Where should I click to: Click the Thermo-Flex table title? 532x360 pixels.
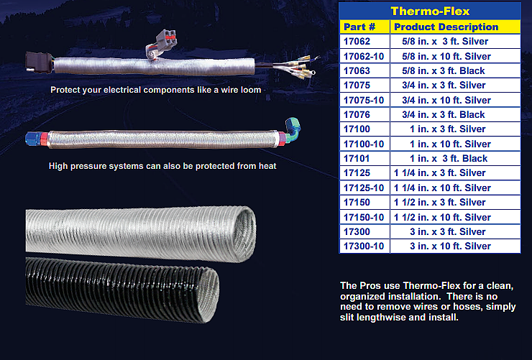point(429,11)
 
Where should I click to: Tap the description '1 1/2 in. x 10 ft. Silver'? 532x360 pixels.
point(442,217)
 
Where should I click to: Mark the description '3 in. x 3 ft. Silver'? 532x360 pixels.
point(447,231)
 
